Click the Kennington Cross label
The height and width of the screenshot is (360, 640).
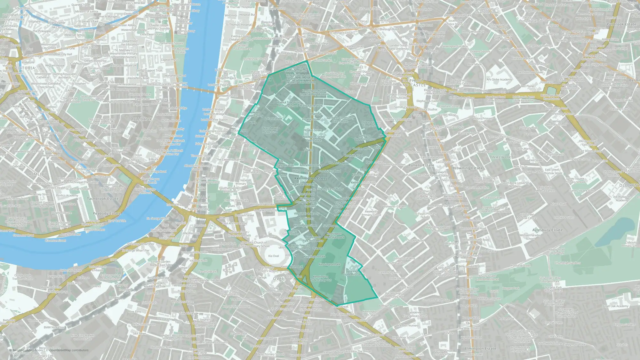310,178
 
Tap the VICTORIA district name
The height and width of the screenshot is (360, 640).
25,68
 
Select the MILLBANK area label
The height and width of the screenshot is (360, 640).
141,119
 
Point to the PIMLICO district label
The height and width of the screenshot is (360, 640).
38,174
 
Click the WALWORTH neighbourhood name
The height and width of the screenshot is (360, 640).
504,157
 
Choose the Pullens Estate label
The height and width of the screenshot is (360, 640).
421,165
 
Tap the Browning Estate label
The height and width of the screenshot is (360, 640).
467,168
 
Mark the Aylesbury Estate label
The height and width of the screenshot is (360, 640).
547,230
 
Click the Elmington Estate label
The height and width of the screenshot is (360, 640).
481,348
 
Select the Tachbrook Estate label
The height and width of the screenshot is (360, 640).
103,199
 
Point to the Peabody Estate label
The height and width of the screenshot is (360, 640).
107,213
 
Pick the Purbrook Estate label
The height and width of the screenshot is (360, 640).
621,24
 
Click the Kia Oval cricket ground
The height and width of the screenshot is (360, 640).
274,256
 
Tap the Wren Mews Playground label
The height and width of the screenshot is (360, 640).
270,130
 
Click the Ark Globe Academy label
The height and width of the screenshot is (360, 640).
499,80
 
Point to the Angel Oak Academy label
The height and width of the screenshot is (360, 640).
615,306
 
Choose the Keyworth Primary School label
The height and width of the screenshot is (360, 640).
371,213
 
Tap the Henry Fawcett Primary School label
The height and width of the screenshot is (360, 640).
300,247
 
